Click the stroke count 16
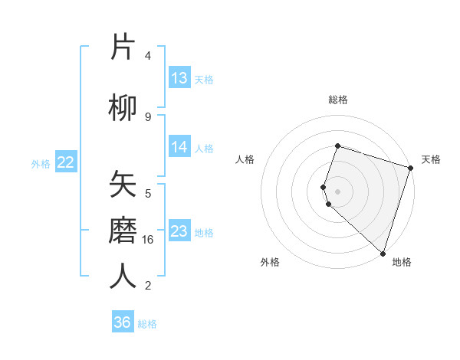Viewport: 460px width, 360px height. [x=148, y=240]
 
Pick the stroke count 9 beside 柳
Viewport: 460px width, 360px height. [x=148, y=116]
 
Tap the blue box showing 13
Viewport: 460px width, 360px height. [x=179, y=78]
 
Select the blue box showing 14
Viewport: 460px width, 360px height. [x=179, y=147]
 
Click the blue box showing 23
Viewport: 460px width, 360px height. [x=179, y=231]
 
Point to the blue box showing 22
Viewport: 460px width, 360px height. [x=66, y=162]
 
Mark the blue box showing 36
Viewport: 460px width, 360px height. [x=123, y=322]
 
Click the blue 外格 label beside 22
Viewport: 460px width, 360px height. [x=41, y=163]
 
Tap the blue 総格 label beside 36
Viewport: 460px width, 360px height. [x=147, y=324]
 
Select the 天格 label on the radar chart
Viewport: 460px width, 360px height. [x=431, y=159]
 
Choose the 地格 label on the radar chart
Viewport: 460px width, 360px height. [x=402, y=263]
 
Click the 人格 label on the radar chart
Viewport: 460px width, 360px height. [x=245, y=159]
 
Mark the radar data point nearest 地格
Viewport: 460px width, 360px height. [x=383, y=254]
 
